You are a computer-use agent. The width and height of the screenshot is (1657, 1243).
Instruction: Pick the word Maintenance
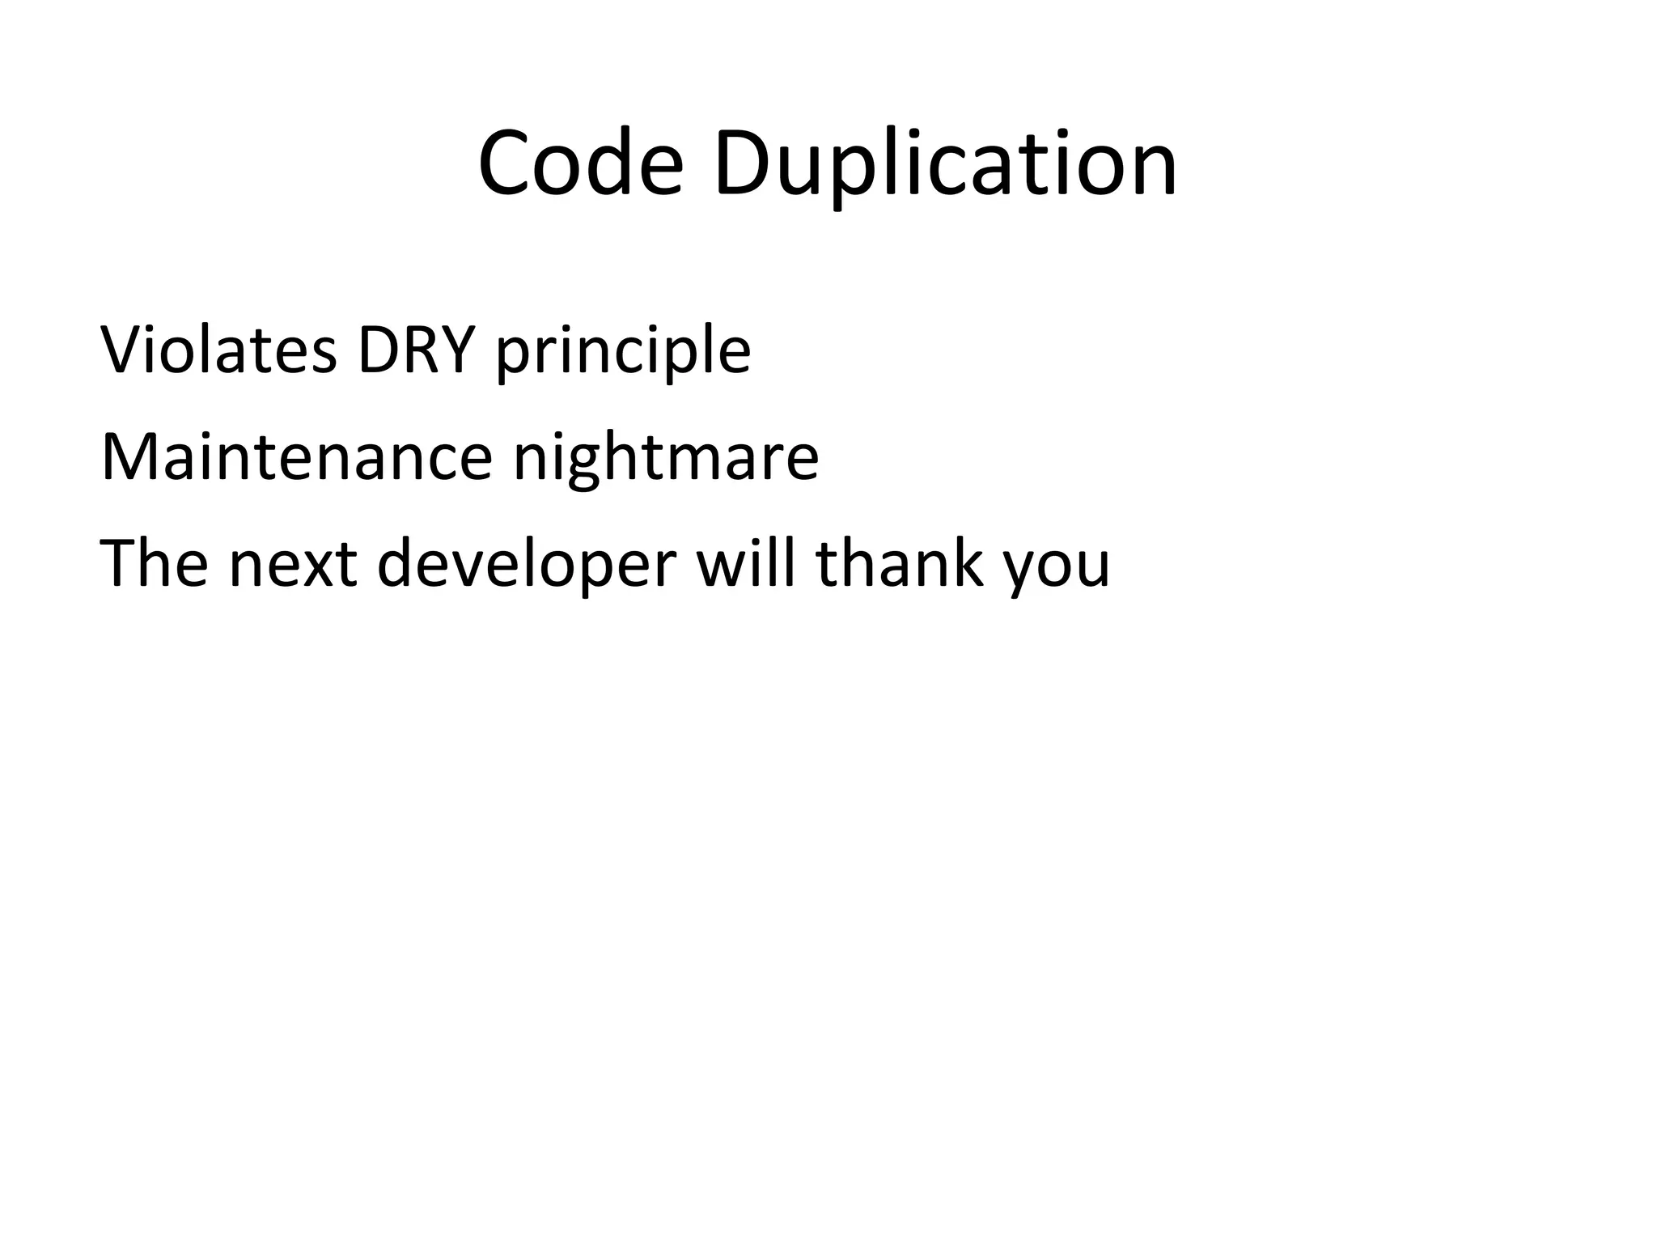pyautogui.click(x=296, y=457)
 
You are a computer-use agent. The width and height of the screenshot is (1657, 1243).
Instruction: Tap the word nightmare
pyautogui.click(x=666, y=459)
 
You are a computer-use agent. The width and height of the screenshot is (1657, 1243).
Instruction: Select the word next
pyautogui.click(x=293, y=564)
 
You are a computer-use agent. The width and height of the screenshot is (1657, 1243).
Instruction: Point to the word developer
pyautogui.click(x=526, y=564)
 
